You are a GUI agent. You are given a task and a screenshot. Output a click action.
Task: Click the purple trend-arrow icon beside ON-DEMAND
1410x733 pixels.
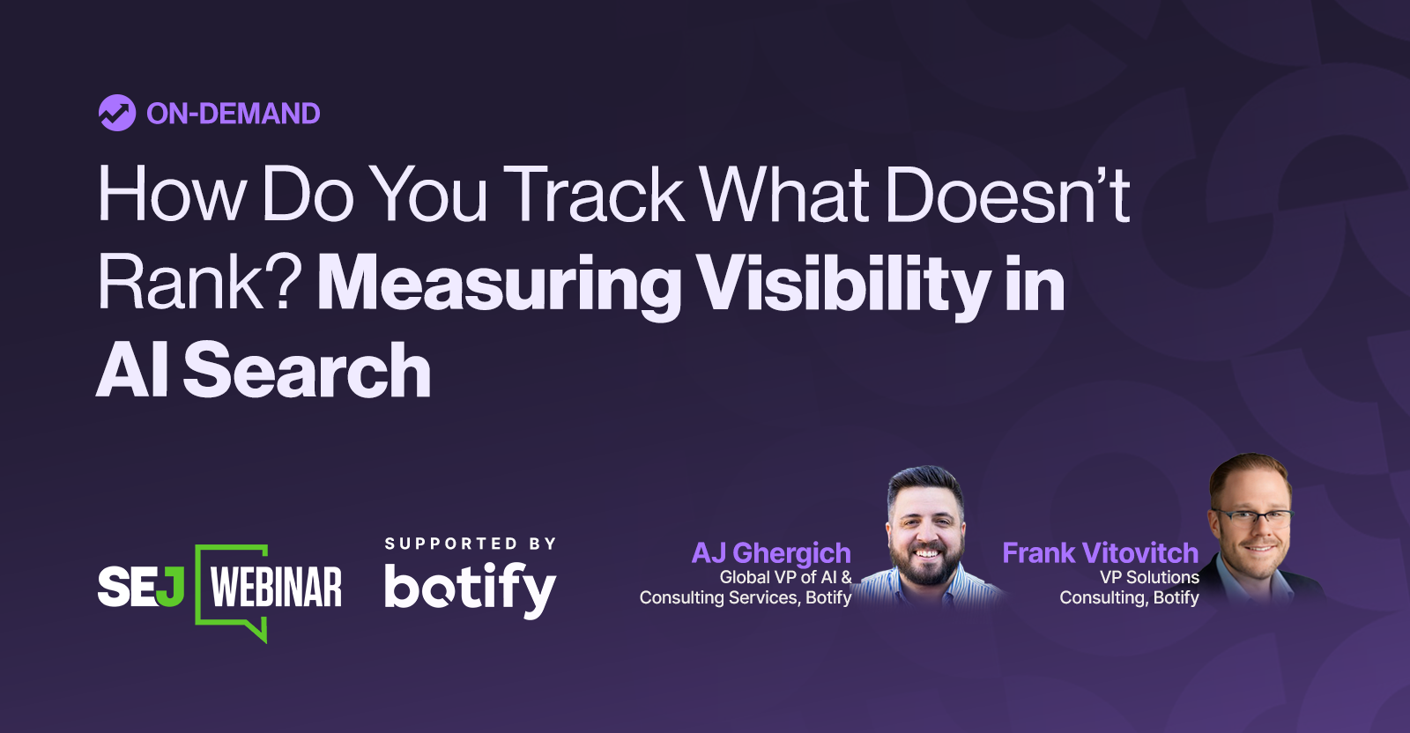point(116,113)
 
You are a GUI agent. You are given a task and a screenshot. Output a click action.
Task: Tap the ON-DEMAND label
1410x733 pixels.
point(233,114)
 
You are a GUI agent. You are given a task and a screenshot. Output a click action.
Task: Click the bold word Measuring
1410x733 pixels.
point(499,284)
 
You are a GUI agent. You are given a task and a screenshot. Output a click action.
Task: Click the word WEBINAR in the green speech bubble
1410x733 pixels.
point(276,588)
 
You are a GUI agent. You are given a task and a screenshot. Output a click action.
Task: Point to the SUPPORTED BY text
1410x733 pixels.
point(471,544)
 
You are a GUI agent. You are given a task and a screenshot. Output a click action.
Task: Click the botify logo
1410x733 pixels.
point(470,589)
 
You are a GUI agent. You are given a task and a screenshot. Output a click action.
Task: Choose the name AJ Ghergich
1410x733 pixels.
point(771,552)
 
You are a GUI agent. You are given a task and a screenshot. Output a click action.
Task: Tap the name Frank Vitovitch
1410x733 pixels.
point(1100,552)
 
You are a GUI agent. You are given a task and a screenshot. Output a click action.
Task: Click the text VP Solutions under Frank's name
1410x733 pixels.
point(1149,577)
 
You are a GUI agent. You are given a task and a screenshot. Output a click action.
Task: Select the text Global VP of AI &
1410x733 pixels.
point(785,577)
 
